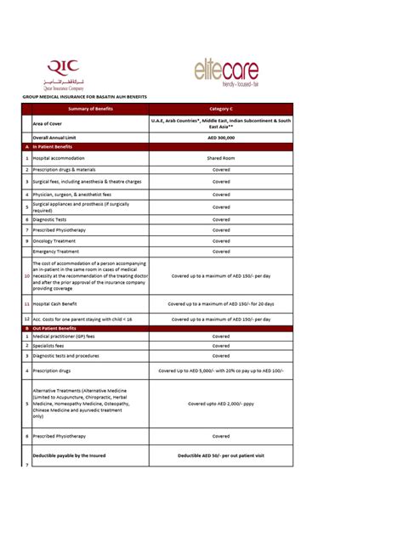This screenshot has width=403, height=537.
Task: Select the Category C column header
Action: (221, 109)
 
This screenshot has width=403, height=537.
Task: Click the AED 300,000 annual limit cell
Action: (221, 137)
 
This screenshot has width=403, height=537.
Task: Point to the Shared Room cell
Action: (221, 158)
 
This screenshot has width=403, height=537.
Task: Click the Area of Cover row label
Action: (51, 123)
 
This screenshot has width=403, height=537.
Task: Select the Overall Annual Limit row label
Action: (60, 137)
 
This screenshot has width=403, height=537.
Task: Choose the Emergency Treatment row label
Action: (56, 252)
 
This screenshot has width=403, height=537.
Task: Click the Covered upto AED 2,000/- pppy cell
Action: (221, 404)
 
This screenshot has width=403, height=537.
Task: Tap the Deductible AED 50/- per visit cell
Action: (221, 455)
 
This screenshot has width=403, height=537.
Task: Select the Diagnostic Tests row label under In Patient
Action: (51, 219)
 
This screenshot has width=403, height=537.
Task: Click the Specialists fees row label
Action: (50, 346)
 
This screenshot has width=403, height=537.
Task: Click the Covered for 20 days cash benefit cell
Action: (221, 303)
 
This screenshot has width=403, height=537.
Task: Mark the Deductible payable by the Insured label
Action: (69, 455)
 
